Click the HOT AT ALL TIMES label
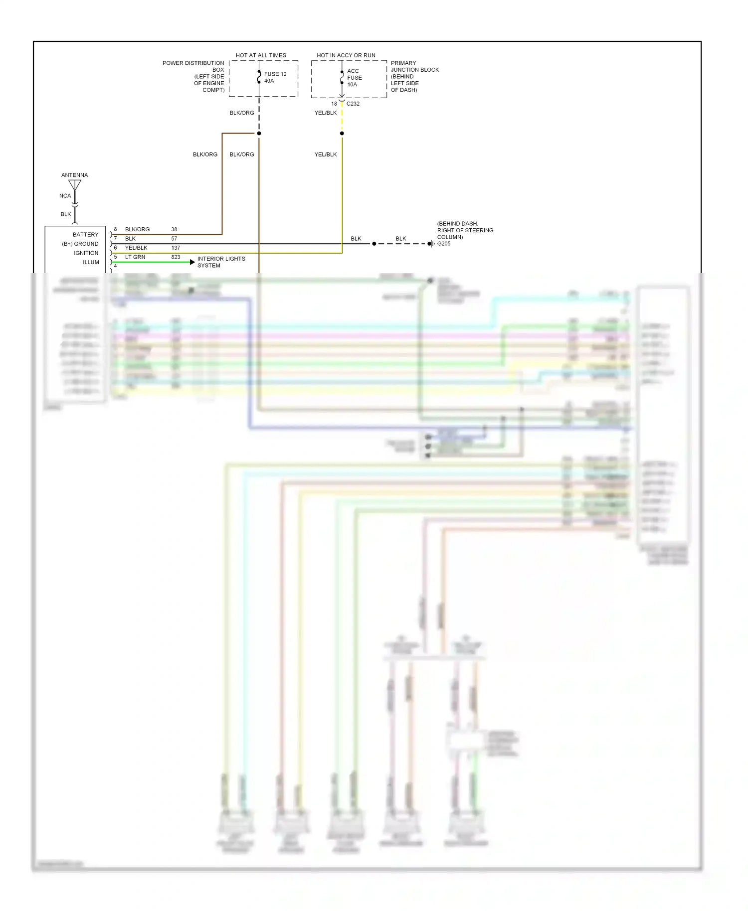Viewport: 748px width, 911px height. (x=261, y=55)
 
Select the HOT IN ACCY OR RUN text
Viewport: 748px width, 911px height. (x=346, y=55)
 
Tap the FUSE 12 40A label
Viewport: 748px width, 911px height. (x=275, y=77)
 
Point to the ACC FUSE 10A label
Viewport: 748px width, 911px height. (x=354, y=78)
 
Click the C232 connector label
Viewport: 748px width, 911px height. (x=353, y=104)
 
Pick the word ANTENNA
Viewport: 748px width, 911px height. (x=74, y=175)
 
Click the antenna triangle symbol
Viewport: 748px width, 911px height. (x=75, y=185)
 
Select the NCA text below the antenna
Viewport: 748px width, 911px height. (x=65, y=196)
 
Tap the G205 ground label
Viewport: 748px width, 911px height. (x=444, y=244)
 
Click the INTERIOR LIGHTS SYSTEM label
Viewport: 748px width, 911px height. (x=221, y=262)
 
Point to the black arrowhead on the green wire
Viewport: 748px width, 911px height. (x=192, y=262)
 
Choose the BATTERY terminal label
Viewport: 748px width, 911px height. (x=86, y=235)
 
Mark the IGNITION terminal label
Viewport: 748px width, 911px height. (x=86, y=253)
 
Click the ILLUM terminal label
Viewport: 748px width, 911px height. (x=91, y=262)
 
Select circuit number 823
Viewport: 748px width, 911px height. (x=176, y=257)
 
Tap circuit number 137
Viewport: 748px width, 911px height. (x=176, y=248)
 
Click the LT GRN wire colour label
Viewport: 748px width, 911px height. (x=135, y=257)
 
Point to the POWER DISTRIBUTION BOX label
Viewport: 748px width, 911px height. (x=193, y=76)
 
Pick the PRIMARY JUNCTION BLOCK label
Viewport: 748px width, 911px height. (x=414, y=76)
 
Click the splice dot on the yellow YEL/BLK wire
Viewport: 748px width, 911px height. (x=342, y=134)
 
